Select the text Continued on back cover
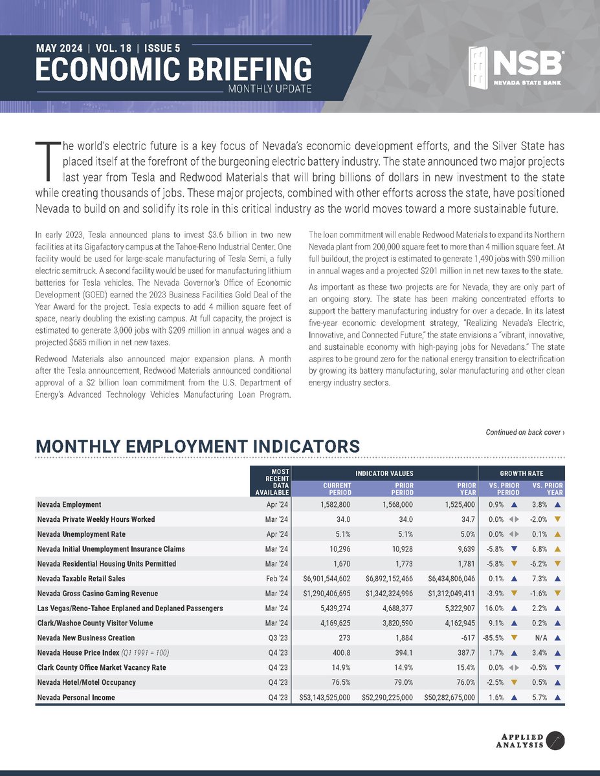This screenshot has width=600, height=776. point(525,432)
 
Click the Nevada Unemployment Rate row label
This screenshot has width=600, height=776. point(81,534)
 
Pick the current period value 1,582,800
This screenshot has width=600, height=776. point(331,504)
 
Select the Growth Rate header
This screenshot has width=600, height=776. point(521,473)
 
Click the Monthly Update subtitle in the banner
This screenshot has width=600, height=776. point(270,89)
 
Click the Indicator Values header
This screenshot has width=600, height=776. point(384,473)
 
